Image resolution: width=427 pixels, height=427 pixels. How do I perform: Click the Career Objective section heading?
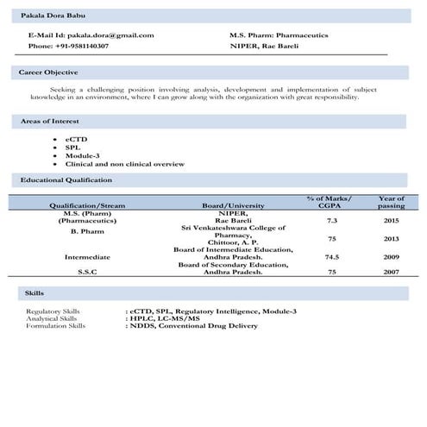pyautogui.click(x=48, y=72)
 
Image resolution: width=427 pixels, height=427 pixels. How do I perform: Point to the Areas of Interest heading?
pyautogui.click(x=50, y=122)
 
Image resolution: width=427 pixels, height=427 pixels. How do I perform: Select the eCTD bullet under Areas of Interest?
pyautogui.click(x=76, y=139)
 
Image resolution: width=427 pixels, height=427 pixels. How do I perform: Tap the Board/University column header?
pyautogui.click(x=233, y=206)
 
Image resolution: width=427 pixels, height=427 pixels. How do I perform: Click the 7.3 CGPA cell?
pyautogui.click(x=331, y=221)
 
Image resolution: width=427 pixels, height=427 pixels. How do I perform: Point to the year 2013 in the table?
pyautogui.click(x=391, y=238)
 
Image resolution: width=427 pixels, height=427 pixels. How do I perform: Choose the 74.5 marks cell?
pyautogui.click(x=331, y=257)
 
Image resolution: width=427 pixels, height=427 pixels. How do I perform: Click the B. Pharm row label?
pyautogui.click(x=87, y=231)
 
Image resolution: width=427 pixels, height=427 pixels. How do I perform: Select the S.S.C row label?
pyautogui.click(x=87, y=272)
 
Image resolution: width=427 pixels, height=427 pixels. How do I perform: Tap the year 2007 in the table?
pyautogui.click(x=391, y=272)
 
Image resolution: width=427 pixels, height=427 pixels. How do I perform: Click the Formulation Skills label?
pyautogui.click(x=55, y=326)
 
